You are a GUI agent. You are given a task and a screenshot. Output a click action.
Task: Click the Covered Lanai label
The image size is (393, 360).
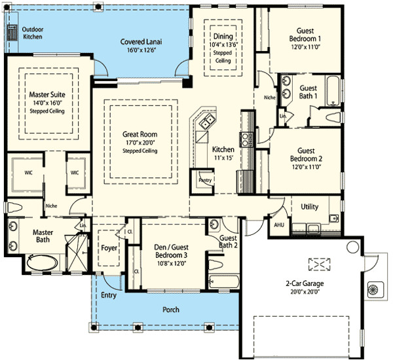pyautogui.click(x=141, y=42)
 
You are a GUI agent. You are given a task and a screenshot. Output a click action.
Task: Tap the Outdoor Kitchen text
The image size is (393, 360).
pyautogui.click(x=32, y=33)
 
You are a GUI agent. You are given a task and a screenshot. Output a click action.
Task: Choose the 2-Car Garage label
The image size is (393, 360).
pyautogui.click(x=304, y=283)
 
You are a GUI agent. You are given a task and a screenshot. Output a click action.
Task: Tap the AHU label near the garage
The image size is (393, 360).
pyautogui.click(x=278, y=224)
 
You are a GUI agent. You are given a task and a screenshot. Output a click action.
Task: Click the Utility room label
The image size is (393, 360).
pyautogui.click(x=309, y=207)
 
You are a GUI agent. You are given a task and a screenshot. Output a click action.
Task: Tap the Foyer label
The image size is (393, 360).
pyautogui.click(x=109, y=248)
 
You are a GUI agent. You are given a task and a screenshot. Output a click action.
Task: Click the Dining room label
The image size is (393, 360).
pyautogui.click(x=222, y=36)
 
